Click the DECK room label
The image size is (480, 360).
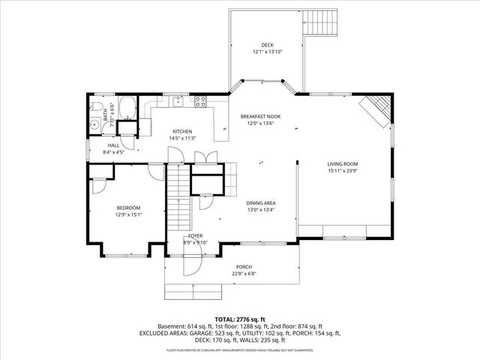point(267,44)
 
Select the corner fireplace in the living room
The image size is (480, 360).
point(377,110)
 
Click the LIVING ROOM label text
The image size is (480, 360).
point(342,163)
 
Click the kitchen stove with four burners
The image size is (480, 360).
point(200,101)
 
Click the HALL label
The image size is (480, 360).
point(113,145)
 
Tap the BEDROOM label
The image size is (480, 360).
point(128,208)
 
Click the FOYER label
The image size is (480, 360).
point(196,235)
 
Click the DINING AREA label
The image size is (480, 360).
point(262,203)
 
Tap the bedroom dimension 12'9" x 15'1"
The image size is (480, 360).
point(128,214)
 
